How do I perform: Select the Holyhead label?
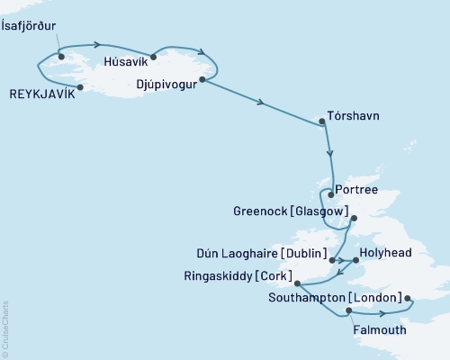tap(384, 255)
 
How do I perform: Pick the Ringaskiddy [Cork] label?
tap(256, 274)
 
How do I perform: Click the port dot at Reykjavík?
tap(81, 87)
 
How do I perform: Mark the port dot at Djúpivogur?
tap(202, 80)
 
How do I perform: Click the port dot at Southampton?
tap(407, 299)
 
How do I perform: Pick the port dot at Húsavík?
tap(154, 57)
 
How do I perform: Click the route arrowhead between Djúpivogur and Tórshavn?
tap(261, 103)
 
